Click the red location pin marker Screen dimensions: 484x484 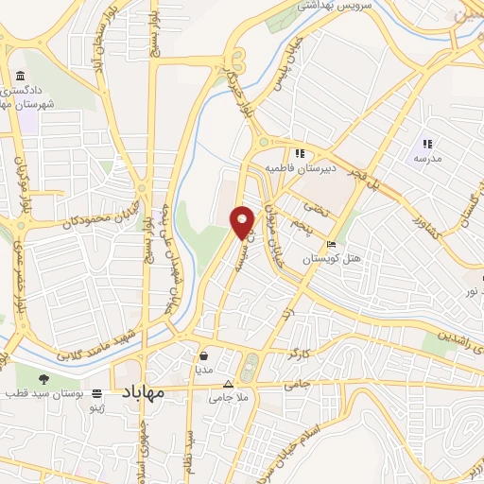[x=242, y=221]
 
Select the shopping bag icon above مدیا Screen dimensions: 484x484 [x=204, y=356]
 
